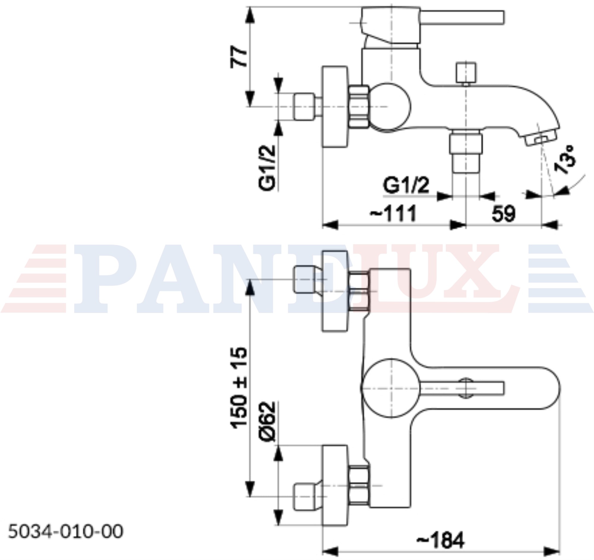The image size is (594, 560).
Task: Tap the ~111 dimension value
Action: click(393, 213)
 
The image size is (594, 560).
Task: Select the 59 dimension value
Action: click(504, 213)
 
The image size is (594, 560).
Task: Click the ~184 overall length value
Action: click(440, 540)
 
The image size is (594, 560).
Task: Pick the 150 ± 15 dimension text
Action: click(239, 388)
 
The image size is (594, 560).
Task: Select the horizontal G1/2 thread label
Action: click(406, 186)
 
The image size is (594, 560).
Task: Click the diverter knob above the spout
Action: click(466, 73)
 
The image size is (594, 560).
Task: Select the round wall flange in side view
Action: click(335, 107)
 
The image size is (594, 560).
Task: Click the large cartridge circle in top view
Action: click(391, 388)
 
